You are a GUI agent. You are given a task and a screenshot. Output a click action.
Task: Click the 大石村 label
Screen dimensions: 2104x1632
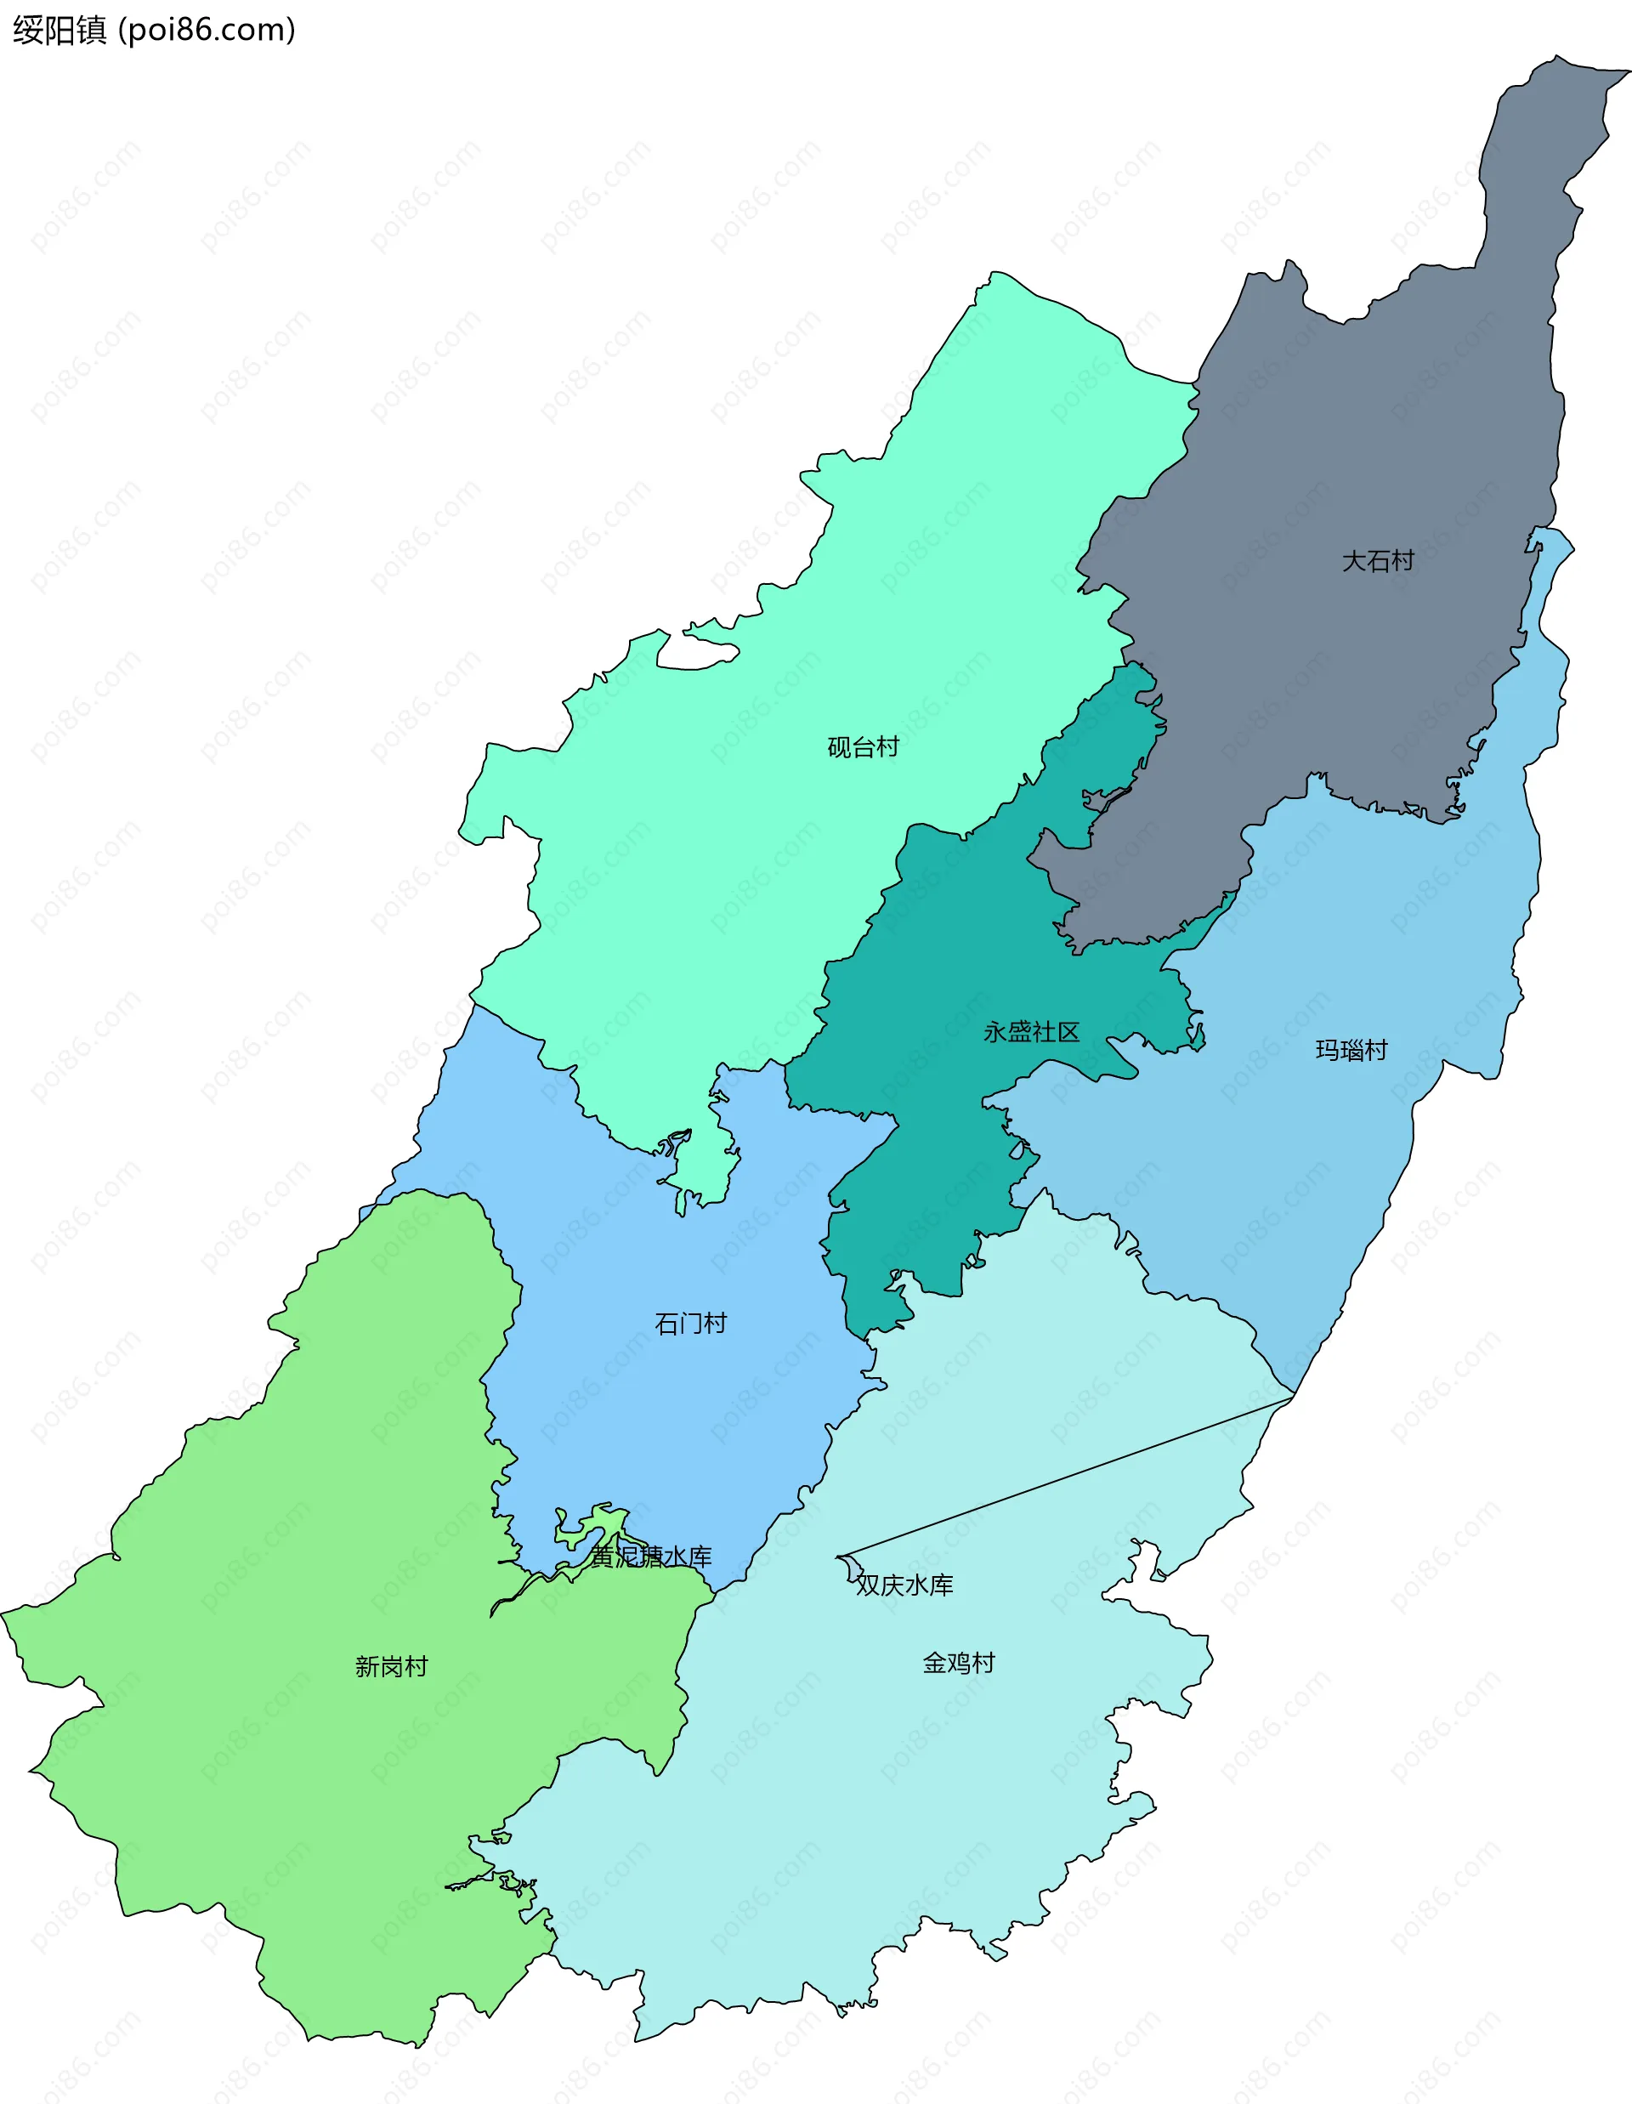point(1378,561)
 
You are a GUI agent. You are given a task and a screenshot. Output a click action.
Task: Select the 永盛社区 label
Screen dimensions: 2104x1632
point(1031,1032)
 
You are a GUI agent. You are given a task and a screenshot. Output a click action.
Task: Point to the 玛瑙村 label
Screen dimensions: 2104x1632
point(1351,1049)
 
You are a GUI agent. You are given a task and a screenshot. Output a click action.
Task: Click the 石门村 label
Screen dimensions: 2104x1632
point(691,1323)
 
